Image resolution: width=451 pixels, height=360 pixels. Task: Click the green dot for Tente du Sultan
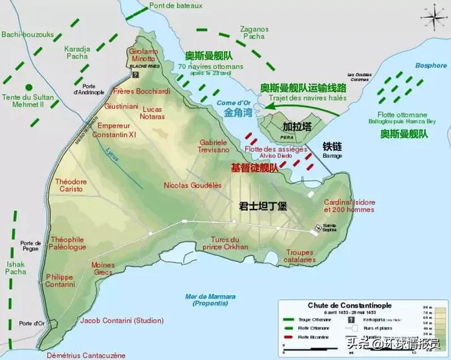click(x=28, y=88)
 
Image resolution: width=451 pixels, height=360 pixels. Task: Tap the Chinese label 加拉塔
click(x=296, y=126)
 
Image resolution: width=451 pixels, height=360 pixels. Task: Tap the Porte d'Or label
click(x=31, y=324)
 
